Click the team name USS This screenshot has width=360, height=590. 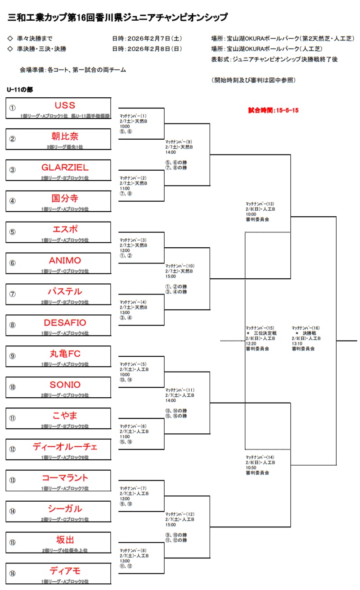[65, 105]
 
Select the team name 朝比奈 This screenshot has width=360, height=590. [65, 136]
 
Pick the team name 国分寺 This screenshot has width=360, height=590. [65, 198]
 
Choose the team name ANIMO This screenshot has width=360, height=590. [65, 260]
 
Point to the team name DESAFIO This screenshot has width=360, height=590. [65, 322]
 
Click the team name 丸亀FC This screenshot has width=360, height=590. [65, 354]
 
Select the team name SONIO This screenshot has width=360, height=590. [65, 385]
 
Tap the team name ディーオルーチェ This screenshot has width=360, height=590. [65, 447]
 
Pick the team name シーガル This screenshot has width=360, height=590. [65, 508]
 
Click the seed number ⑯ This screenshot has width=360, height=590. [13, 573]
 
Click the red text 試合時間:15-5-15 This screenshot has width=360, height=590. [274, 110]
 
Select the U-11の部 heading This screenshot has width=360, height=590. [20, 90]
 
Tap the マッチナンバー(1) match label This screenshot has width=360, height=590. [133, 116]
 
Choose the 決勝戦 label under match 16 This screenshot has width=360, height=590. [310, 333]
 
